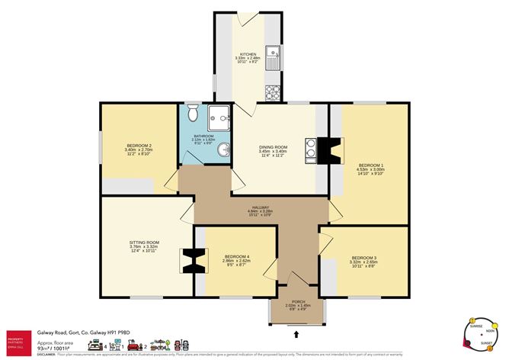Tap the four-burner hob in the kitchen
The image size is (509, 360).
[x=273, y=92]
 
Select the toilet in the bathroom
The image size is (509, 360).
[x=193, y=114]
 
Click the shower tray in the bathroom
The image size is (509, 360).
[x=219, y=115]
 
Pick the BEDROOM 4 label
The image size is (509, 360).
[x=236, y=258]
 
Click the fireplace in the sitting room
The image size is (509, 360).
[x=192, y=262]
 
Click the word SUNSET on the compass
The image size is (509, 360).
[x=485, y=345]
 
